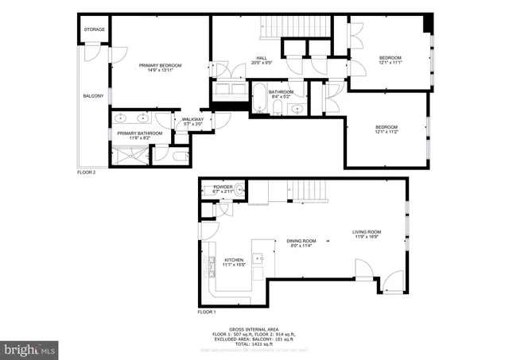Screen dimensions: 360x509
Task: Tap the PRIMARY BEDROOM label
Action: [161, 66]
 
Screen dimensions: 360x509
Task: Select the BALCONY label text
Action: [93, 96]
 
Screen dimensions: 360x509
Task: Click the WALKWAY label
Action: [192, 121]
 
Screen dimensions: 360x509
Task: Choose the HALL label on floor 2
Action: [261, 58]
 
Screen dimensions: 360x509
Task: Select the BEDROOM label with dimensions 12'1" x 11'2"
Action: [387, 129]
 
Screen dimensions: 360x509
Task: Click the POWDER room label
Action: [222, 188]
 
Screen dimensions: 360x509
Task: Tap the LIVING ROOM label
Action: [369, 234]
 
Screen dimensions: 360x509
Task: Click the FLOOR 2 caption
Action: [86, 172]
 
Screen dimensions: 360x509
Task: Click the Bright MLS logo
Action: [29, 348]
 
